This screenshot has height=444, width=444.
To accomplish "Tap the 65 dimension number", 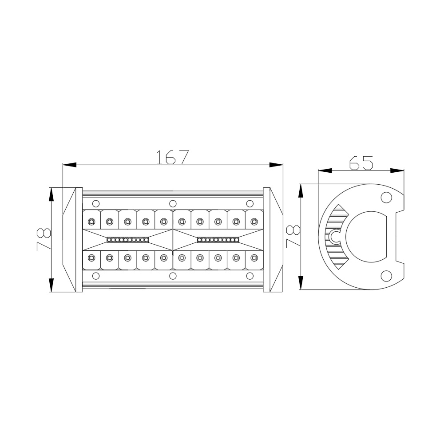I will (x=361, y=163).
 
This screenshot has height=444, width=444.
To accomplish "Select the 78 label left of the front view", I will (x=44, y=240).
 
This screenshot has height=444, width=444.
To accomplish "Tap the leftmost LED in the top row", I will (x=91, y=221).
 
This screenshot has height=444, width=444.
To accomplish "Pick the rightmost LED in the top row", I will (x=254, y=221).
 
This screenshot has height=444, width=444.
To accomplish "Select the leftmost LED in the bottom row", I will (x=91, y=257).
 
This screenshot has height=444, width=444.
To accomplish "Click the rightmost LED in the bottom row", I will (x=254, y=257).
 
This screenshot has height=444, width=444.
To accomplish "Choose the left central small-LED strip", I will (x=128, y=240).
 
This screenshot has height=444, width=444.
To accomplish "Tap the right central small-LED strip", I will (x=218, y=240).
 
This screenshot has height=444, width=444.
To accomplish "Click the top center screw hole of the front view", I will (x=173, y=203).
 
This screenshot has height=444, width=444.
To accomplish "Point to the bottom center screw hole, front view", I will (x=173, y=276).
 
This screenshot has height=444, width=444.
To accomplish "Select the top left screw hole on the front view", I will (x=96, y=203).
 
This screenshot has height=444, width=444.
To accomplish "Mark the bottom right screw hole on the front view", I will (x=250, y=276).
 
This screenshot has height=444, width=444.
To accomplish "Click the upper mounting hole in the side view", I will (x=386, y=198).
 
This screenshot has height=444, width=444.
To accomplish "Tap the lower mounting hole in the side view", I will (x=386, y=276).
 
